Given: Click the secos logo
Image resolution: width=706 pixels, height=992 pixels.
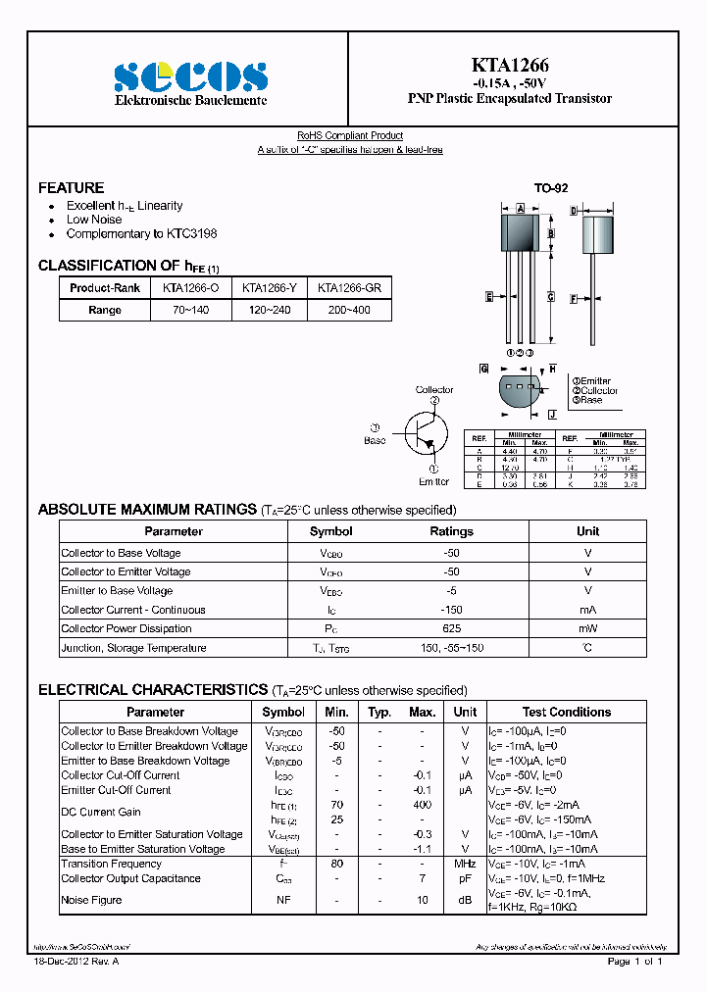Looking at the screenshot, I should tap(190, 75).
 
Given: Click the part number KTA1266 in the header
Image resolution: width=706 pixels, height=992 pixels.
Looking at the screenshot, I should tap(509, 66).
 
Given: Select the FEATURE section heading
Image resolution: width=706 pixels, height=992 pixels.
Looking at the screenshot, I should tap(71, 187).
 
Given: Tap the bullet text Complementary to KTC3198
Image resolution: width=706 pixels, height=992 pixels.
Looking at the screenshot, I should tap(141, 233).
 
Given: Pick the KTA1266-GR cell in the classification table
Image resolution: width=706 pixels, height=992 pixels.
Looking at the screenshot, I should tap(349, 288).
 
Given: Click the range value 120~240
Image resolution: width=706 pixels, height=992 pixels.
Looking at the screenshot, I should tap(269, 310).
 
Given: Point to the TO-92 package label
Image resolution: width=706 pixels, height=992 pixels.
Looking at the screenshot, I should tap(550, 187).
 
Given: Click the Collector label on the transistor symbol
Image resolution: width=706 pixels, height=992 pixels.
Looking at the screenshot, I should tap(434, 389).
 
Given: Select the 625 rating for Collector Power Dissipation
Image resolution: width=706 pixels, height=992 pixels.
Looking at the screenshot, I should tap(452, 628).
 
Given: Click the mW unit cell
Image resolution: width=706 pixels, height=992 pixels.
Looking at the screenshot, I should tap(587, 628).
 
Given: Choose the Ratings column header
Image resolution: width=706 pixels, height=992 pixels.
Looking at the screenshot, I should tap(452, 531).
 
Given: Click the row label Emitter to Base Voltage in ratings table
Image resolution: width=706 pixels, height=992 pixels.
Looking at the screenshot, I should tap(117, 590).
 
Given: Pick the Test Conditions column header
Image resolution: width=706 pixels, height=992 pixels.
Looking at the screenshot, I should tap(566, 712).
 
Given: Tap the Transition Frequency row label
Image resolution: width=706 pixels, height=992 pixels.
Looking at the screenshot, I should tap(111, 864).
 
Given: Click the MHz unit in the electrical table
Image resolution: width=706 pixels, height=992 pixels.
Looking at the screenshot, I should tap(465, 864).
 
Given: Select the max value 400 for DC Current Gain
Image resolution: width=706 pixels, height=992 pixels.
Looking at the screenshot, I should tap(422, 805).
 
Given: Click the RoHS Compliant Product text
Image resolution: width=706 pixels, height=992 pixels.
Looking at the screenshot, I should tap(350, 135).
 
